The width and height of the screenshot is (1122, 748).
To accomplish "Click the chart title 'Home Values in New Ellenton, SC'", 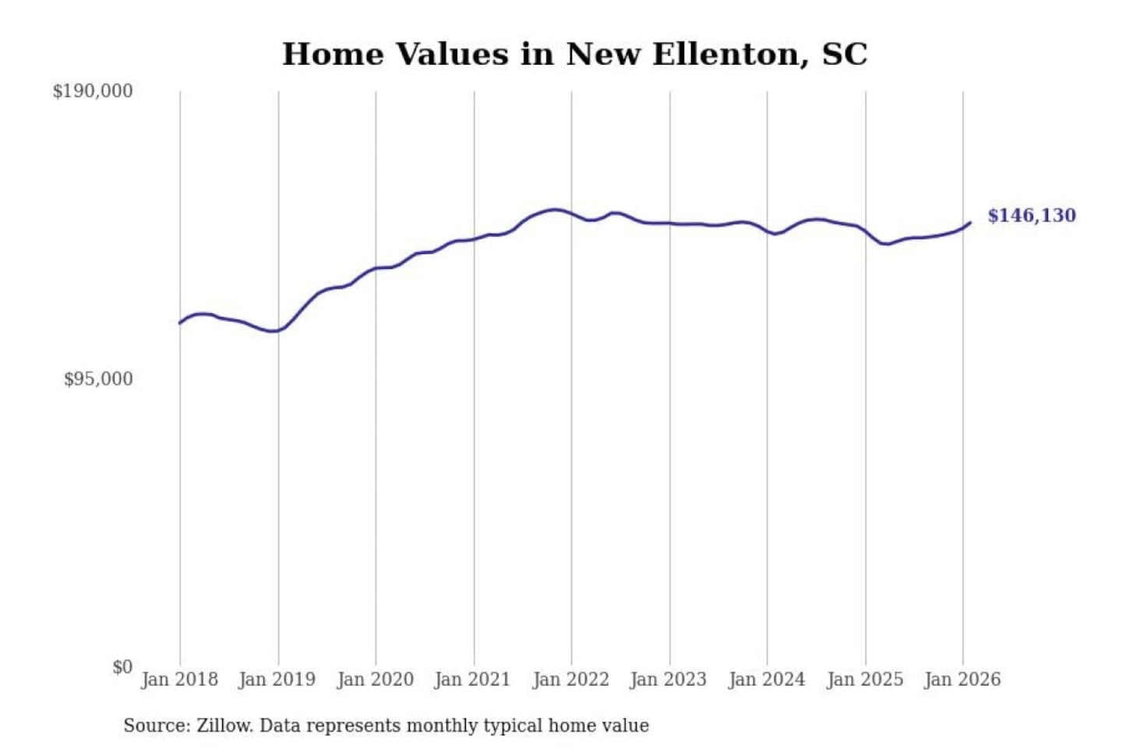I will (x=574, y=55).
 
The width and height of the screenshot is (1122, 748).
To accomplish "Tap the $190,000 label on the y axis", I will (x=93, y=91).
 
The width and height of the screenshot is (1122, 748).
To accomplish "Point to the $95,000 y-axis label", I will (x=98, y=379).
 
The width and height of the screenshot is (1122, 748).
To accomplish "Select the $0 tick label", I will (x=122, y=667).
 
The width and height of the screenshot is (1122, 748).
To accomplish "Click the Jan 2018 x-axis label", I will (x=179, y=679).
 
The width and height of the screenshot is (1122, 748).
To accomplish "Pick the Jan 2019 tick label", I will (x=277, y=679).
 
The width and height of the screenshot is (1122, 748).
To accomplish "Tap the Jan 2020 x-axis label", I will (x=375, y=679).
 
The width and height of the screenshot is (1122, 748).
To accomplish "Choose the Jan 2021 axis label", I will (x=472, y=679).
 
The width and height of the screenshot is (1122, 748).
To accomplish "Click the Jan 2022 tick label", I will (x=570, y=679).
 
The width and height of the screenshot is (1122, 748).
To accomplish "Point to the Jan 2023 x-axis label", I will (x=668, y=679).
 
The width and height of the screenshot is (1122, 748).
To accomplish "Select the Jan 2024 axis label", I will (x=766, y=679).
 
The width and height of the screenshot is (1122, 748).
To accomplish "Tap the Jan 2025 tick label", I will (x=864, y=679).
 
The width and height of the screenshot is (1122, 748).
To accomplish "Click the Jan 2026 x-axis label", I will (x=961, y=679).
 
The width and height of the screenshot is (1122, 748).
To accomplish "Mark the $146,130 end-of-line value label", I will (x=1032, y=216).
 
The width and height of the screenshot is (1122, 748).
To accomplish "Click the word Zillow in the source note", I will (x=224, y=726).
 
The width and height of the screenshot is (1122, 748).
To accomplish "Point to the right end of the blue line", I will (x=970, y=223).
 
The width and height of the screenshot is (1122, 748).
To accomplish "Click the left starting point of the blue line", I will (x=180, y=323).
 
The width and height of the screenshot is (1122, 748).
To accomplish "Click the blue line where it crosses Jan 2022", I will (x=571, y=213).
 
